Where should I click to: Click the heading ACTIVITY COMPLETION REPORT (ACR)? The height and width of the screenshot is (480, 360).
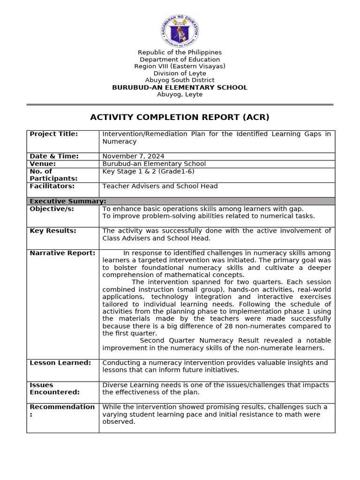(x=180, y=117)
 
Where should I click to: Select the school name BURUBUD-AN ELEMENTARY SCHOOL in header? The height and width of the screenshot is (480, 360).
(x=180, y=88)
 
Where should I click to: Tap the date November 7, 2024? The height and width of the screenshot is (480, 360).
(x=133, y=156)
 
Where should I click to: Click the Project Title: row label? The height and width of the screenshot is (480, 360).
(x=53, y=134)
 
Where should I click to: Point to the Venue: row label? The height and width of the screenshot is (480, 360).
(x=43, y=164)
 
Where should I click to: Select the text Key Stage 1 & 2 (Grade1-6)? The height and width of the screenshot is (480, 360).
(x=148, y=171)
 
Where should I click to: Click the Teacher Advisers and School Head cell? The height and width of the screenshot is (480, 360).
(x=160, y=186)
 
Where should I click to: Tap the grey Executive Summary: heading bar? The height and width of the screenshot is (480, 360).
(x=180, y=201)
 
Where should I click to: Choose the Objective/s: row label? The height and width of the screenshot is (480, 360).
(x=52, y=209)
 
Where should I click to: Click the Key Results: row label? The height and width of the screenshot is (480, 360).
(x=52, y=231)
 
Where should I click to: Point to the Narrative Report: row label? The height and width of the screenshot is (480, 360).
(x=62, y=253)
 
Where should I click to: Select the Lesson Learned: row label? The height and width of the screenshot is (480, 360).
(x=60, y=363)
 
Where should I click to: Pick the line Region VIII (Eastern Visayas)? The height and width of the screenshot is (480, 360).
(x=180, y=67)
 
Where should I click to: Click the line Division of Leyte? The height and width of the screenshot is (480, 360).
(x=180, y=74)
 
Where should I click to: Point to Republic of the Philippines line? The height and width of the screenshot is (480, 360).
(x=180, y=52)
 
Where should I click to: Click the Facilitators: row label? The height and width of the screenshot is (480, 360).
(x=52, y=186)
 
